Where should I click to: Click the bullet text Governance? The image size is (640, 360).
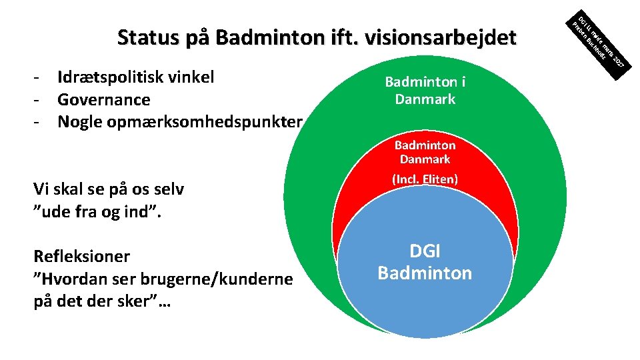(103, 100)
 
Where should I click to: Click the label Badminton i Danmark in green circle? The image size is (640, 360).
(425, 91)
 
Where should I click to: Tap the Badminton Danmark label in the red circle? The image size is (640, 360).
(425, 152)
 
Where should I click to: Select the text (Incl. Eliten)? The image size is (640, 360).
(425, 179)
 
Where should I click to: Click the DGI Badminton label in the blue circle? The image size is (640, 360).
(425, 262)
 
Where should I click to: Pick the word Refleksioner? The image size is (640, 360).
(81, 257)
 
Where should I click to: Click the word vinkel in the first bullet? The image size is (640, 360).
(191, 77)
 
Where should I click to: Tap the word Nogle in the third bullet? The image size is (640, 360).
(79, 123)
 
